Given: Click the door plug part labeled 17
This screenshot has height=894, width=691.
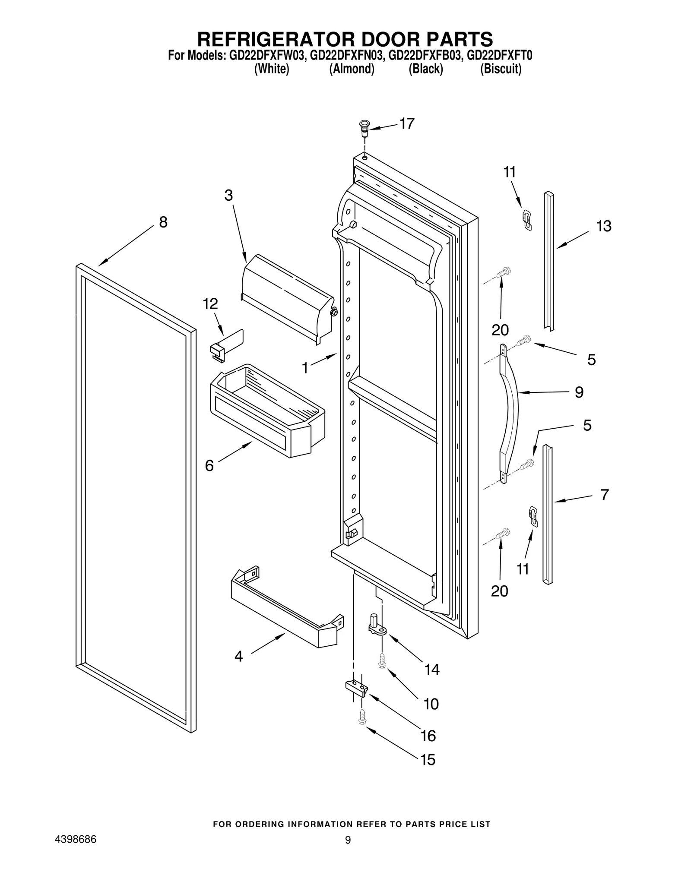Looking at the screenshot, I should click(365, 127).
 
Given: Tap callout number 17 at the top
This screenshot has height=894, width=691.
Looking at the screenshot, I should click(406, 123).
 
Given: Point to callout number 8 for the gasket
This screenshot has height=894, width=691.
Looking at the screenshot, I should click(163, 222).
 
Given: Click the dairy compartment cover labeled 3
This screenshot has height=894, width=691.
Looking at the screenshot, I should click(287, 298).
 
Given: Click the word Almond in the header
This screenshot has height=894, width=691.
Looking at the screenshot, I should click(352, 69).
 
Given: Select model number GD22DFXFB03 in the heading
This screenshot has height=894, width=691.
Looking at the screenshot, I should click(425, 56).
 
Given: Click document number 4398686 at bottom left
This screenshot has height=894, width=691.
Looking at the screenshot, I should click(75, 840).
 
